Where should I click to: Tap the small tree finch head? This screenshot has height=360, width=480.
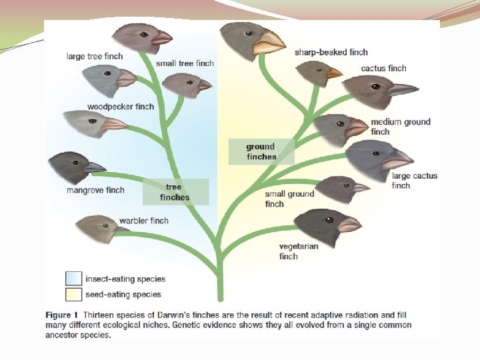[x=184, y=85]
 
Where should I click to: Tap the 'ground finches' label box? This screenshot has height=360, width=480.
[x=261, y=151]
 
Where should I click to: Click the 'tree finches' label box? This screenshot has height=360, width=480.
[x=175, y=192]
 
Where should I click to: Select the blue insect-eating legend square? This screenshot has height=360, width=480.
[x=73, y=279]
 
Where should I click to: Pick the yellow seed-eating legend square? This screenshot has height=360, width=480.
[x=73, y=293]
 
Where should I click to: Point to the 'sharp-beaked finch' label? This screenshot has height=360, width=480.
[x=331, y=52]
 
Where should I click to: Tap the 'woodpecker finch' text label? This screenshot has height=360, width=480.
[x=121, y=107]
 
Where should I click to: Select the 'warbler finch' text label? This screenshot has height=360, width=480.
[x=143, y=221]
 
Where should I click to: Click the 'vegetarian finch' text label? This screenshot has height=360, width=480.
[x=299, y=251]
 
